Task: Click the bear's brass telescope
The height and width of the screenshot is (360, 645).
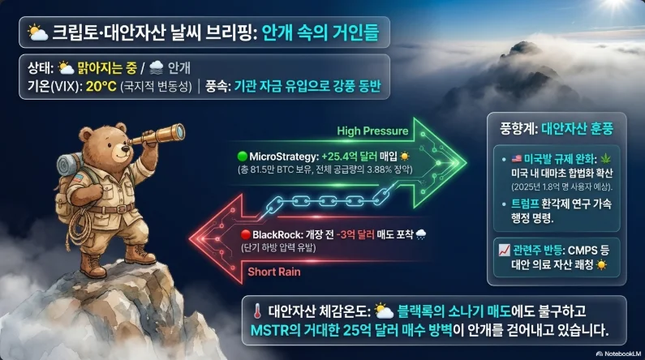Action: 157,135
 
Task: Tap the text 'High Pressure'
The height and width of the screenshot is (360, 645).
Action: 372,131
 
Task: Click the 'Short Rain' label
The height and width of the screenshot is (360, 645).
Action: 274,272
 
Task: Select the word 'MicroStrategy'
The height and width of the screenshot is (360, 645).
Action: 284,156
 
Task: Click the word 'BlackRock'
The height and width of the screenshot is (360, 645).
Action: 278,234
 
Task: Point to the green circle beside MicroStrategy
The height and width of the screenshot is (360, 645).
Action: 243,156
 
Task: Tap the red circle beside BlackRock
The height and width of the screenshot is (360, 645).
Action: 246,234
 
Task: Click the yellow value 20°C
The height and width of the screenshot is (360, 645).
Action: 101,87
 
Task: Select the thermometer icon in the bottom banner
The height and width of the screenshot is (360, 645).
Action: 257,311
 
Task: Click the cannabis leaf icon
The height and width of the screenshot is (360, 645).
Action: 605,159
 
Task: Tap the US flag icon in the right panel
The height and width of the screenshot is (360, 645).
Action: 517,159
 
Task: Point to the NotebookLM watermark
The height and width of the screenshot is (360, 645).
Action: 618,354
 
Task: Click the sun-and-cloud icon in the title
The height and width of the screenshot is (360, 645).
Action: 38,32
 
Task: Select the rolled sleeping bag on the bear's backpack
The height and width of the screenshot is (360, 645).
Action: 69,165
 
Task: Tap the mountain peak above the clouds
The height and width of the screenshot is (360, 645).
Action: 523,49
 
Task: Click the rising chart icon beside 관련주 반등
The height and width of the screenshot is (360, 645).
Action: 504,251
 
